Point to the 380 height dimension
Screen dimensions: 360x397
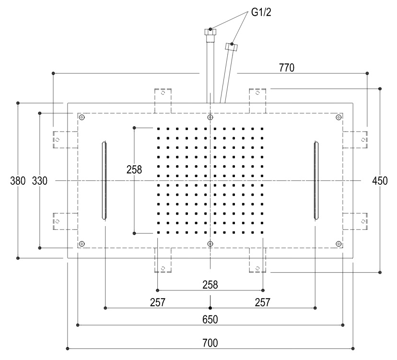click(19, 181)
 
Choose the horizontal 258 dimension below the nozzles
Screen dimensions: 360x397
click(210, 285)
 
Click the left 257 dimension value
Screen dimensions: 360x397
click(158, 302)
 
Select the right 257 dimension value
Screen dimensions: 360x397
click(262, 302)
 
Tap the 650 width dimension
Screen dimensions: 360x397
click(210, 319)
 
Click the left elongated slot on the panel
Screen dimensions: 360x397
click(105, 180)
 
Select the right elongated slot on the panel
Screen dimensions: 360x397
click(315, 180)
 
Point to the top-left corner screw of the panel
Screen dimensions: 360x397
click(82, 118)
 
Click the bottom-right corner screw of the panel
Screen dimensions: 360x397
click(339, 244)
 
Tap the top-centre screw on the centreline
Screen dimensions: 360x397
click(210, 118)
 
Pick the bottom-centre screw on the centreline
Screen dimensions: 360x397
click(210, 244)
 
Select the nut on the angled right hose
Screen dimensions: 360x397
click(232, 47)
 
